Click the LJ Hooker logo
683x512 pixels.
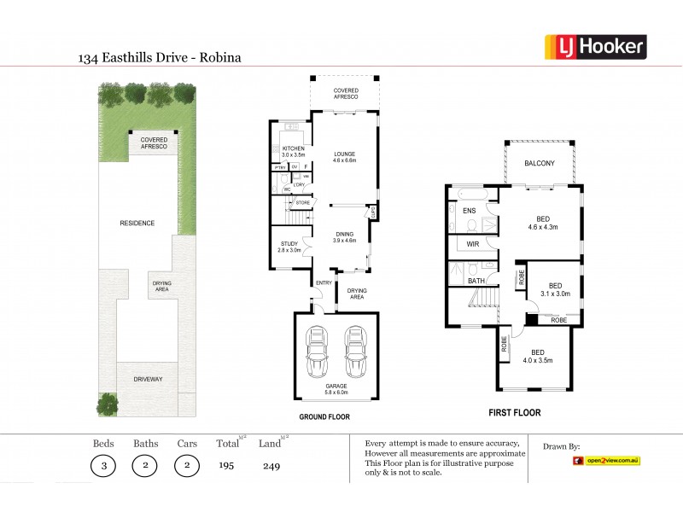(595, 46)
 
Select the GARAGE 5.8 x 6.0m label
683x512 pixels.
(335, 388)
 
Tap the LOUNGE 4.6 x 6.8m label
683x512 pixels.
(345, 157)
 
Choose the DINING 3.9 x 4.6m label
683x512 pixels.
(345, 237)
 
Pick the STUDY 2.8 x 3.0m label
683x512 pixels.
(290, 247)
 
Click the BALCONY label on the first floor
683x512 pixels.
(540, 164)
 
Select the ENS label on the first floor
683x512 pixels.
(469, 211)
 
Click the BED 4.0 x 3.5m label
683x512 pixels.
(538, 356)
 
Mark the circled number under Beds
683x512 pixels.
(104, 466)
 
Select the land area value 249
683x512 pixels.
(272, 466)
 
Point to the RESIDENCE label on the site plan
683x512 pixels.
(137, 223)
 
